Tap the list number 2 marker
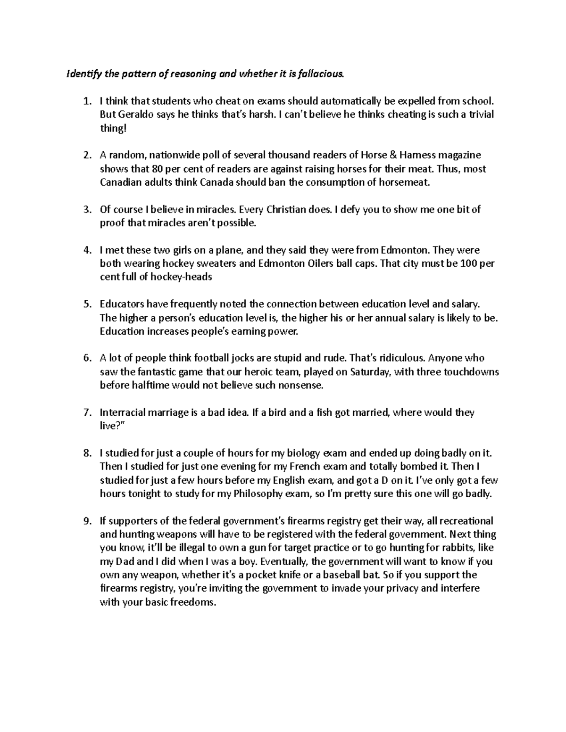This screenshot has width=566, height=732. pyautogui.click(x=86, y=155)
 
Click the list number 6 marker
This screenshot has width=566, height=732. pyautogui.click(x=86, y=358)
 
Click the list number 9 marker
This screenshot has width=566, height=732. pyautogui.click(x=86, y=521)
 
